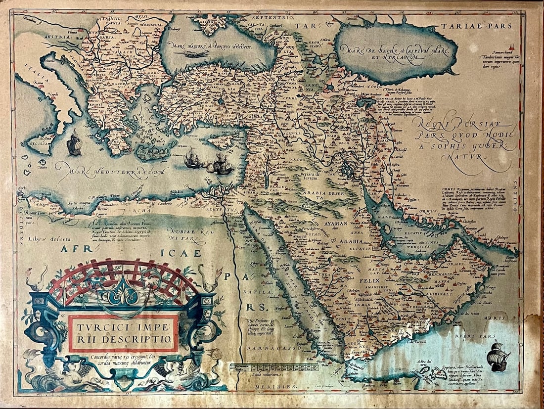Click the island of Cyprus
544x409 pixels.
[221, 142]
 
